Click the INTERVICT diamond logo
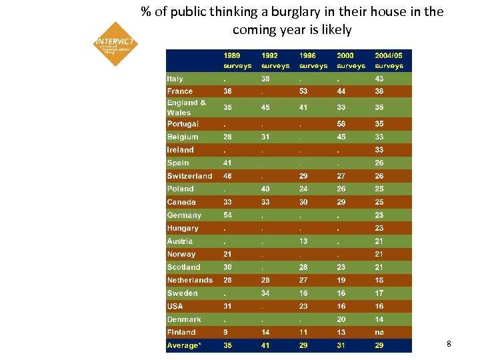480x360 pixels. tap(115, 44)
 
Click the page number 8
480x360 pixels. tap(449, 344)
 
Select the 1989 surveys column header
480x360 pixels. tap(237, 61)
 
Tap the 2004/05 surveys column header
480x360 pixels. tap(389, 61)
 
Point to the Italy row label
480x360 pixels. tap(175, 79)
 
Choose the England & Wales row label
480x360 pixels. tap(187, 107)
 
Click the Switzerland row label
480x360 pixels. tap(189, 176)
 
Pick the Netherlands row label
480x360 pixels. tap(190, 280)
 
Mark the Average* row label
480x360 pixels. tap(183, 345)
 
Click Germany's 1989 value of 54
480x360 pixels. tap(228, 215)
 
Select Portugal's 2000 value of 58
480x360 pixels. tap(341, 124)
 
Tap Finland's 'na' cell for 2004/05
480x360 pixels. tap(379, 332)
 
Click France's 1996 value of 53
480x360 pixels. tap(303, 91)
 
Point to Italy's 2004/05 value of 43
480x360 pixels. tap(379, 79)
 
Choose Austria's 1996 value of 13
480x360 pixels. tap(303, 241)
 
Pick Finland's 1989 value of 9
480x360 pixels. tap(226, 332)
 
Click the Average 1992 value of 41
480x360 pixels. tap(266, 345)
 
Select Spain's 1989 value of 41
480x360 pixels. tap(228, 163)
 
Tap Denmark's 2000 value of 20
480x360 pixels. tap(341, 319)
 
